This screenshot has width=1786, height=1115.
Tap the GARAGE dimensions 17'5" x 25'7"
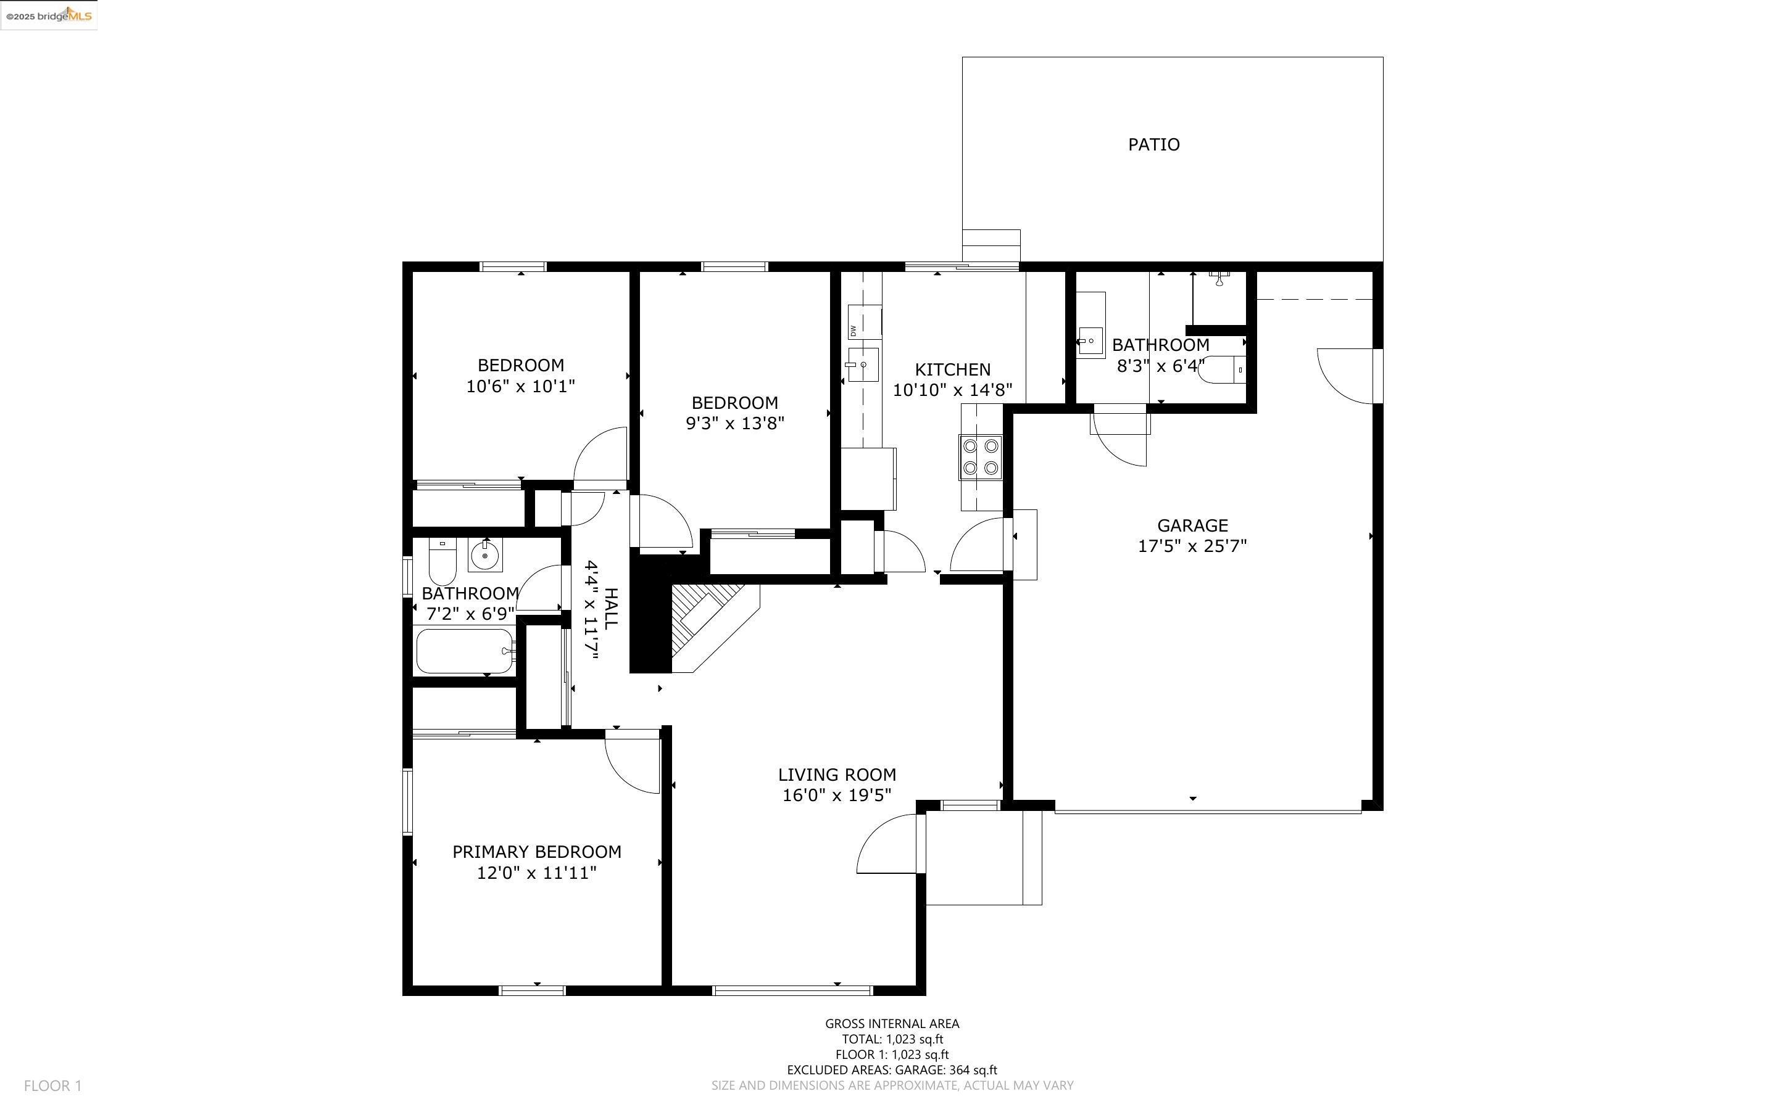[x=1192, y=546]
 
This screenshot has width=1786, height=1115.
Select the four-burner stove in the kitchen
[x=979, y=457]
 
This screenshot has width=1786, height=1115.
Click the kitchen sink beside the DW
[x=862, y=364]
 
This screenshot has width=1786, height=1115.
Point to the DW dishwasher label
[x=854, y=331]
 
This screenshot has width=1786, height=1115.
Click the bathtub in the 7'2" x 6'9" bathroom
[x=465, y=651]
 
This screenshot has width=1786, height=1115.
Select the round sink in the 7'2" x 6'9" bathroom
[x=484, y=554]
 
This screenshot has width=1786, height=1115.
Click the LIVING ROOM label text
[x=837, y=775]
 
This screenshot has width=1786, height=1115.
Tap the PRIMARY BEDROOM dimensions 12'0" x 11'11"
[x=536, y=873]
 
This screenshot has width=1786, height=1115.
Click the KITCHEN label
[x=952, y=369]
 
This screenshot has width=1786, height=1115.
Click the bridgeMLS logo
[x=49, y=15]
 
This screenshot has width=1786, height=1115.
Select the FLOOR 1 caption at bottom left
[x=52, y=1085]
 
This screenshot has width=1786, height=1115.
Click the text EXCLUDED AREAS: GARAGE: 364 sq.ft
[x=891, y=1070]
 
